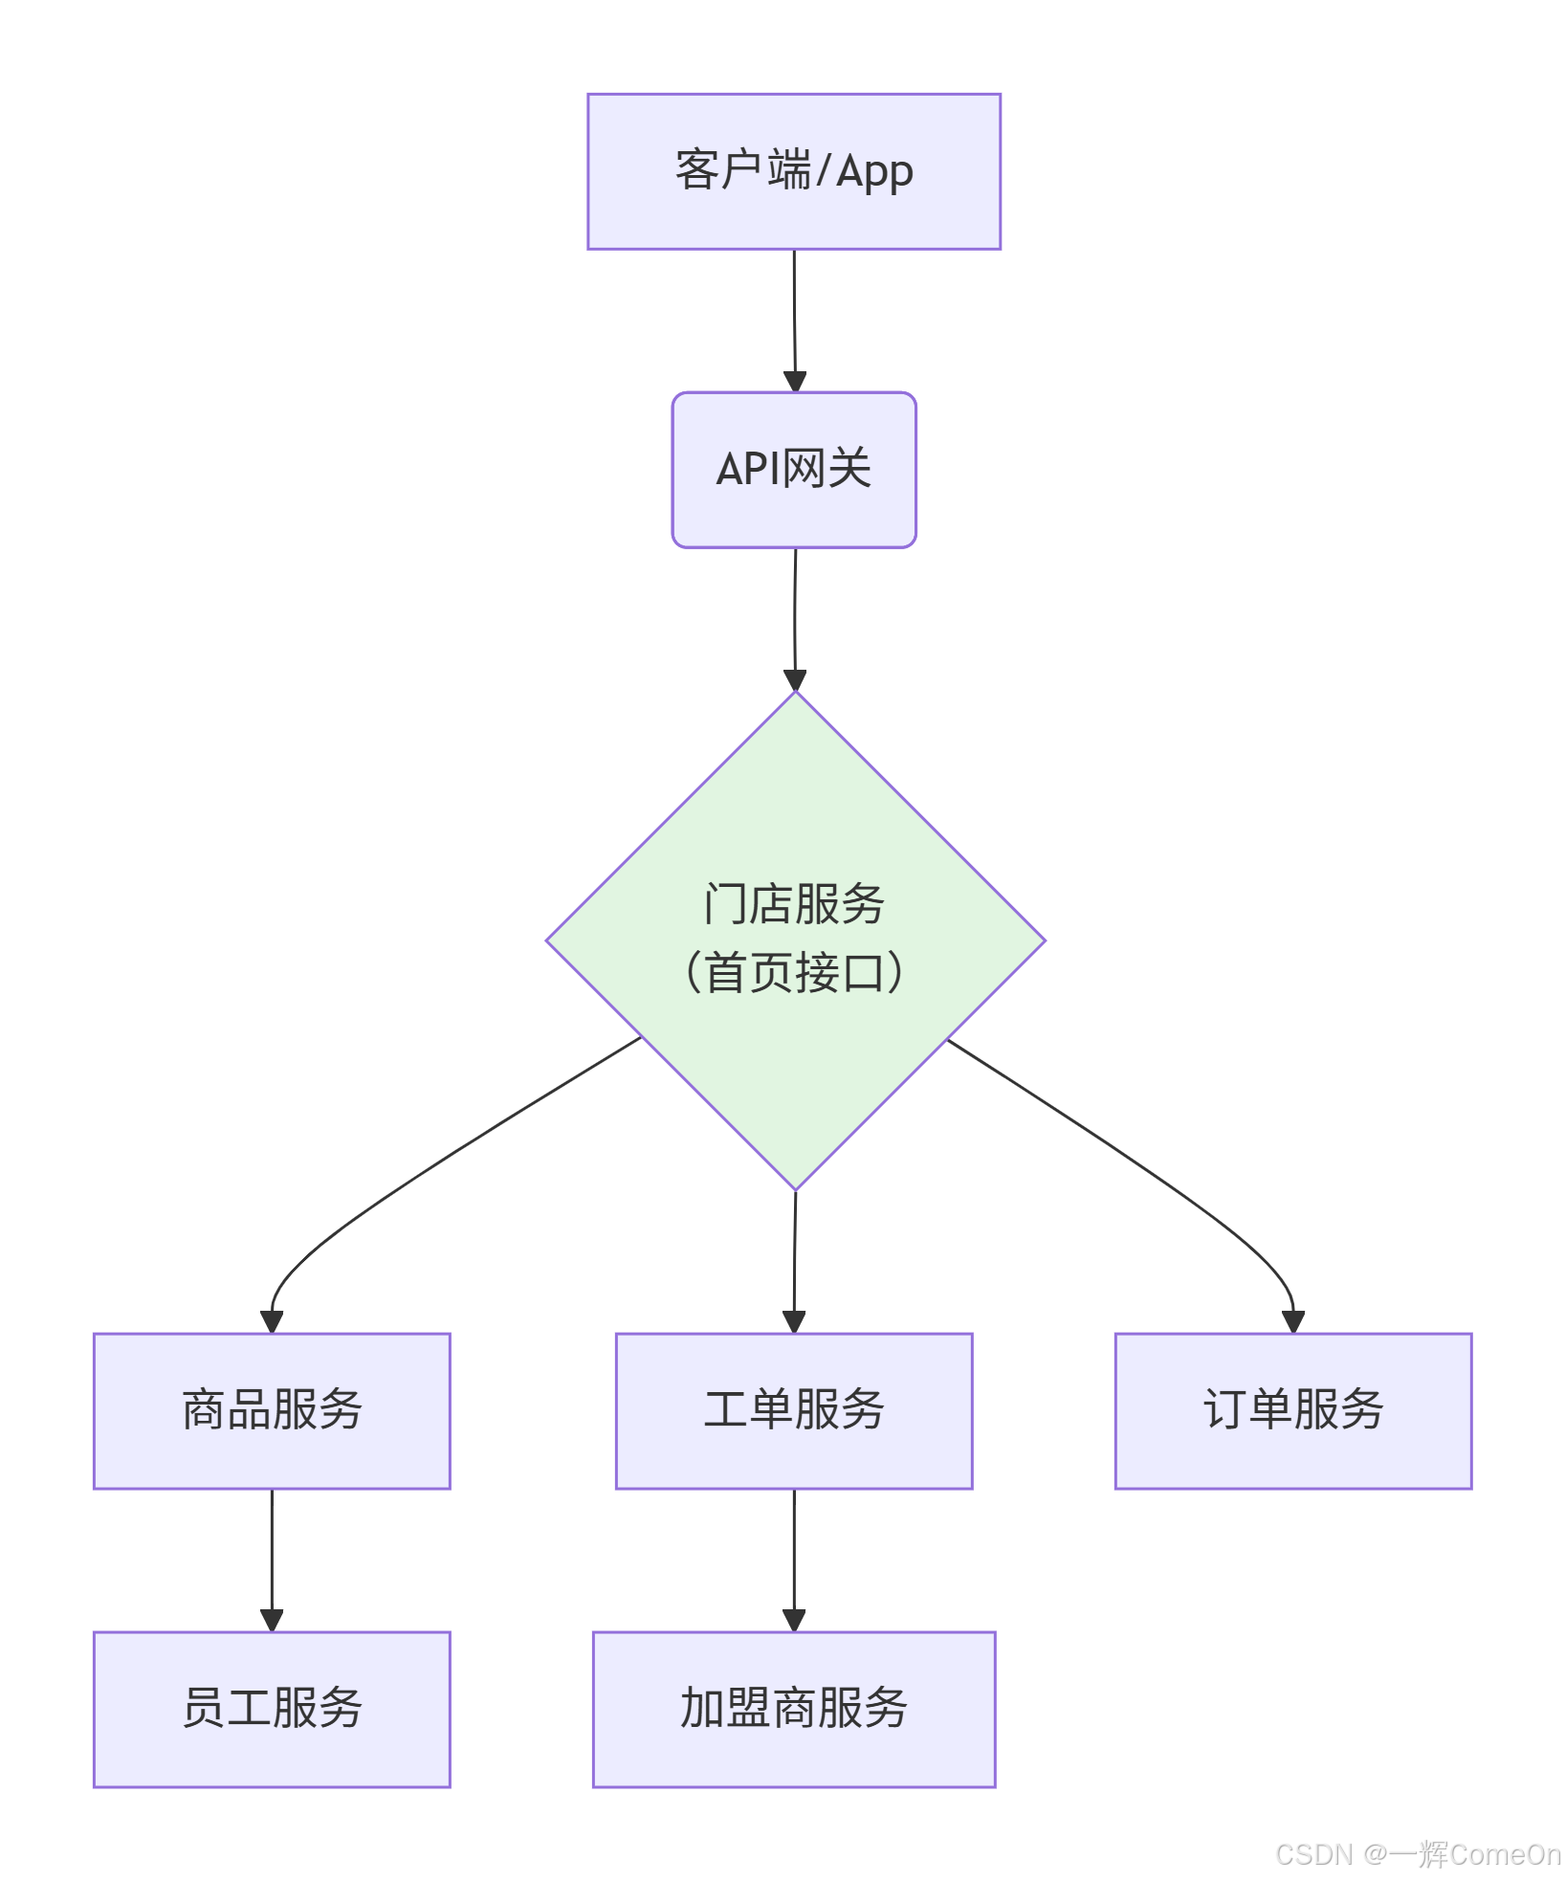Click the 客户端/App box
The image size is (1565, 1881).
click(x=793, y=171)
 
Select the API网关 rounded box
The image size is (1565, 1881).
click(x=793, y=470)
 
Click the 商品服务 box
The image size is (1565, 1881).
click(x=272, y=1410)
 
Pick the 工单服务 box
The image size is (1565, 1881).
click(x=793, y=1410)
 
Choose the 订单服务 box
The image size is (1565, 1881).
click(x=1292, y=1410)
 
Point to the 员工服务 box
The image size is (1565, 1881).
click(x=272, y=1709)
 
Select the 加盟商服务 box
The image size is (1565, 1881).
click(x=793, y=1709)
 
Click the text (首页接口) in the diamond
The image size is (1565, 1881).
click(x=794, y=973)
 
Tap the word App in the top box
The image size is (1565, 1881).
click(x=874, y=172)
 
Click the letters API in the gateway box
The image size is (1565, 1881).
click(x=747, y=470)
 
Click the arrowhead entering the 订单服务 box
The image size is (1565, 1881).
click(x=1293, y=1322)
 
